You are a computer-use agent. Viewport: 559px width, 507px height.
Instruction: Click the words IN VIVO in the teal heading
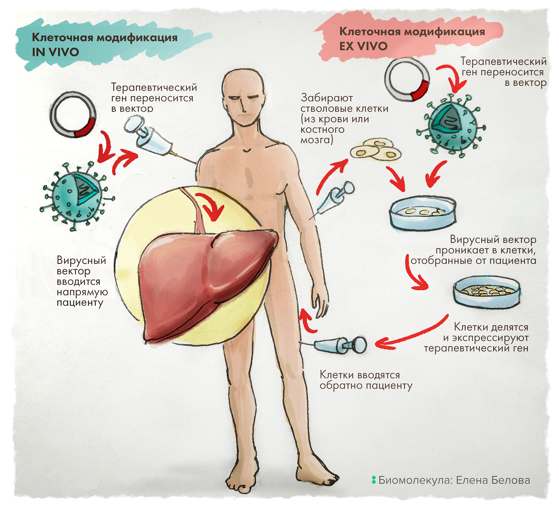[x=55, y=52]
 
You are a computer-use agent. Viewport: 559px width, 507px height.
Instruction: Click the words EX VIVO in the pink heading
[x=363, y=46]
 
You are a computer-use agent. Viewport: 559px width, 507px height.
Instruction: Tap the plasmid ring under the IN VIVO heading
[x=73, y=115]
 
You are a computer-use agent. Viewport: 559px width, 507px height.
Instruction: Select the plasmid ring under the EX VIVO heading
[x=407, y=80]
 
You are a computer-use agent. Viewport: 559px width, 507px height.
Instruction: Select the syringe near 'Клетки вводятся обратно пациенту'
[x=340, y=345]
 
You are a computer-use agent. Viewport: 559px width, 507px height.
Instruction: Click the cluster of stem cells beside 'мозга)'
[x=376, y=151]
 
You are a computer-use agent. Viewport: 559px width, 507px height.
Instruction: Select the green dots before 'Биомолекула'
[x=374, y=480]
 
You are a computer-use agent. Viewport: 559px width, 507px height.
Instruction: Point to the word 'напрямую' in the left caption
[x=82, y=292]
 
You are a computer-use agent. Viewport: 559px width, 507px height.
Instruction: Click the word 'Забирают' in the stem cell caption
[x=327, y=98]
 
